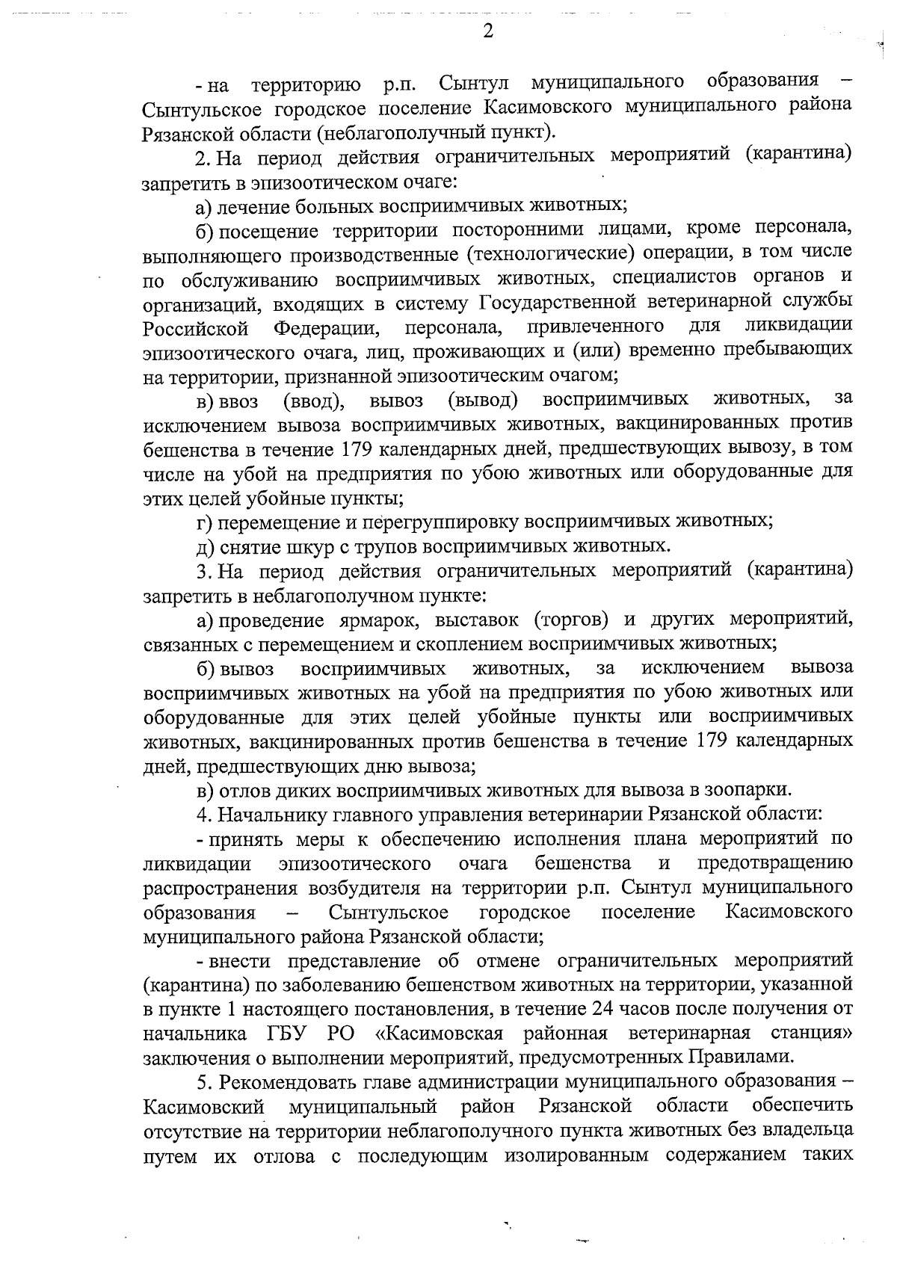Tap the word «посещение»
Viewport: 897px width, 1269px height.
pos(268,229)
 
